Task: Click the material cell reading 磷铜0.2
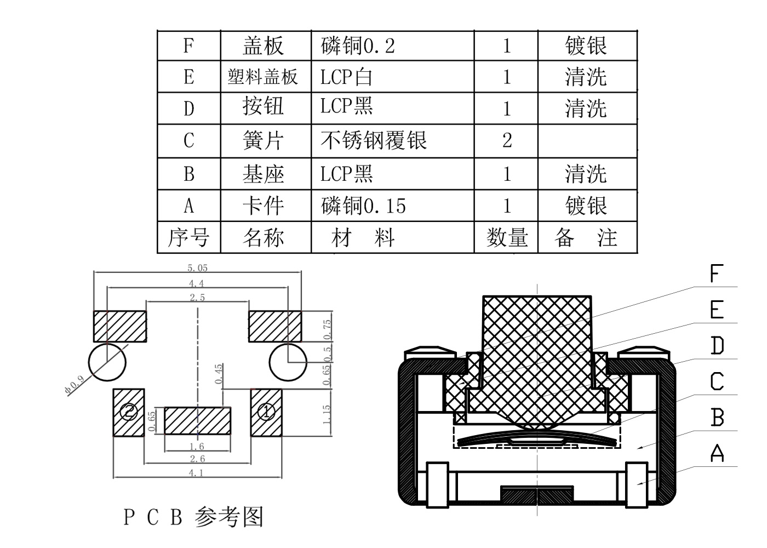(358, 46)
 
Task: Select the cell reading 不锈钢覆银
(374, 141)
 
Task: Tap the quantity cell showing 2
(507, 141)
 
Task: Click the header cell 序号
(188, 238)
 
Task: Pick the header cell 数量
(507, 238)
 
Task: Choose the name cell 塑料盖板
(263, 77)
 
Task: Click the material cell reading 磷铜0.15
(364, 206)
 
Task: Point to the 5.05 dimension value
(197, 268)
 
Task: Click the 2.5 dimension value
(197, 298)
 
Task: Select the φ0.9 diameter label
(73, 385)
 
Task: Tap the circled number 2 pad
(129, 411)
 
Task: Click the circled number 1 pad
(266, 411)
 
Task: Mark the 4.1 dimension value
(197, 472)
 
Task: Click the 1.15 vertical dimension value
(327, 415)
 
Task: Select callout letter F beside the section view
(717, 273)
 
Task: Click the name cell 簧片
(263, 141)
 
